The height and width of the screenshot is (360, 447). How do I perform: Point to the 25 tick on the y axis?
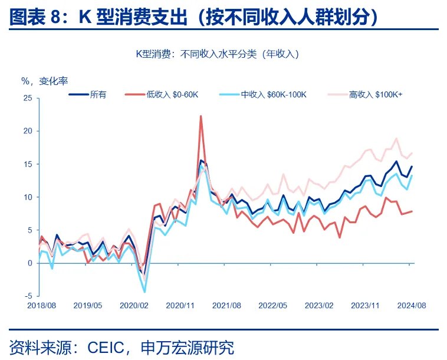28,98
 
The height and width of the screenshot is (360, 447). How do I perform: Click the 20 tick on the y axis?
28,131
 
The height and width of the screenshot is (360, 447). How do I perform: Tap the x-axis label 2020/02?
133,305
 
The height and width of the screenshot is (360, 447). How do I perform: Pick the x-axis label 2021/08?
226,305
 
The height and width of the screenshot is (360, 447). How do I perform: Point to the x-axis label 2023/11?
366,305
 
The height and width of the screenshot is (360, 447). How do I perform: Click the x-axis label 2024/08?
412,305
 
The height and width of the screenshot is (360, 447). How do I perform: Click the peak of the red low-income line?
201,116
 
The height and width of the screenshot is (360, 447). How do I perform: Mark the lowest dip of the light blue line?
144,292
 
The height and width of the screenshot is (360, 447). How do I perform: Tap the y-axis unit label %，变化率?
48,81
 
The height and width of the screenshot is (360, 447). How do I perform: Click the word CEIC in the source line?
108,347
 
